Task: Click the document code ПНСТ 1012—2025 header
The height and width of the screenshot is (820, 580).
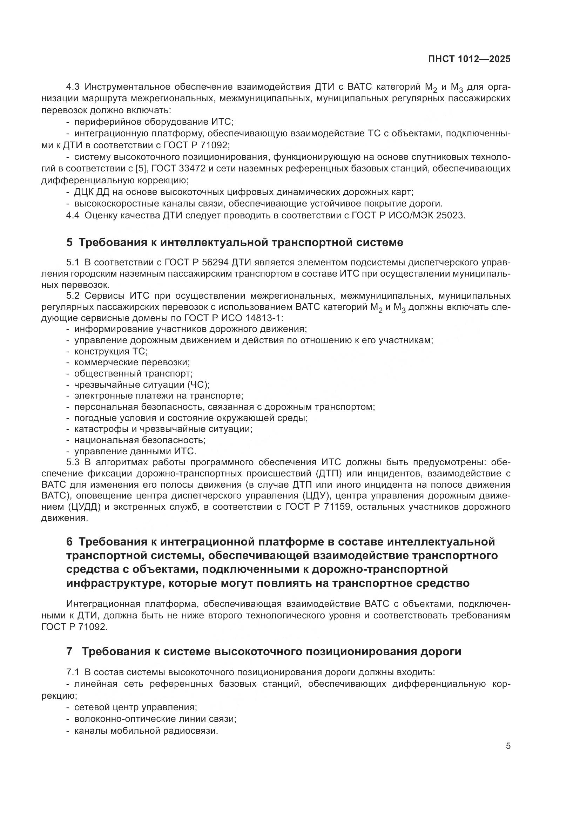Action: pyautogui.click(x=469, y=59)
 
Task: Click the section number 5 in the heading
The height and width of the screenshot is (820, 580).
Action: pyautogui.click(x=69, y=243)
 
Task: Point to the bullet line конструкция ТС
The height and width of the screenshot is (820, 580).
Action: pyautogui.click(x=111, y=351)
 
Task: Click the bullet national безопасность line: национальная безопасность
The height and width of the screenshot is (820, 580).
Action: pyautogui.click(x=140, y=440)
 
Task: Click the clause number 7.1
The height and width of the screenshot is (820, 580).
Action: pyautogui.click(x=73, y=672)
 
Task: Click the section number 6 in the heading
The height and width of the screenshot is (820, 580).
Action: pyautogui.click(x=69, y=542)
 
